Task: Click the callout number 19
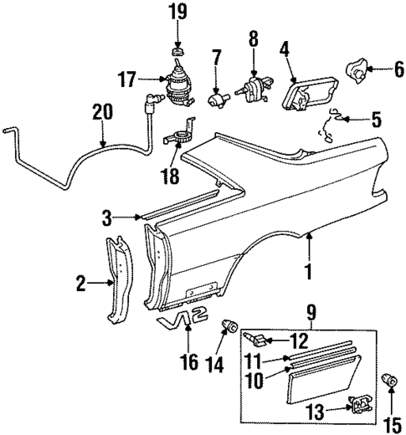[177, 12]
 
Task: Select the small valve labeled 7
[219, 99]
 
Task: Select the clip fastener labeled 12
[258, 339]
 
